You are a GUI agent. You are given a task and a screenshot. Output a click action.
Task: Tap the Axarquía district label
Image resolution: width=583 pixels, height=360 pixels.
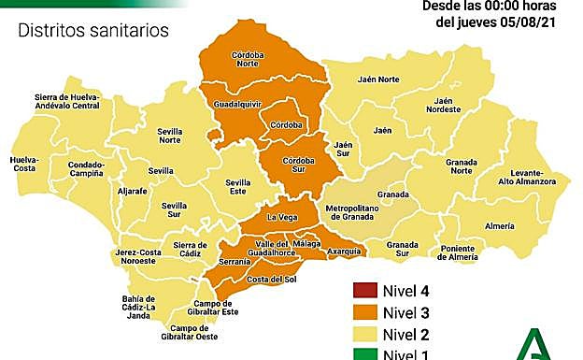345,252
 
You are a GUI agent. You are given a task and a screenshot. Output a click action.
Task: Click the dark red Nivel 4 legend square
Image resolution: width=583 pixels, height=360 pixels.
364,290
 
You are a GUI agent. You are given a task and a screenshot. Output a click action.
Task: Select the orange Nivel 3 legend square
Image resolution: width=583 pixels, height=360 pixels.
364,312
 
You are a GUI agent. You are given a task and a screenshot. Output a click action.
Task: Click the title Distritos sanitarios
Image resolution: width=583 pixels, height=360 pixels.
93,31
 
